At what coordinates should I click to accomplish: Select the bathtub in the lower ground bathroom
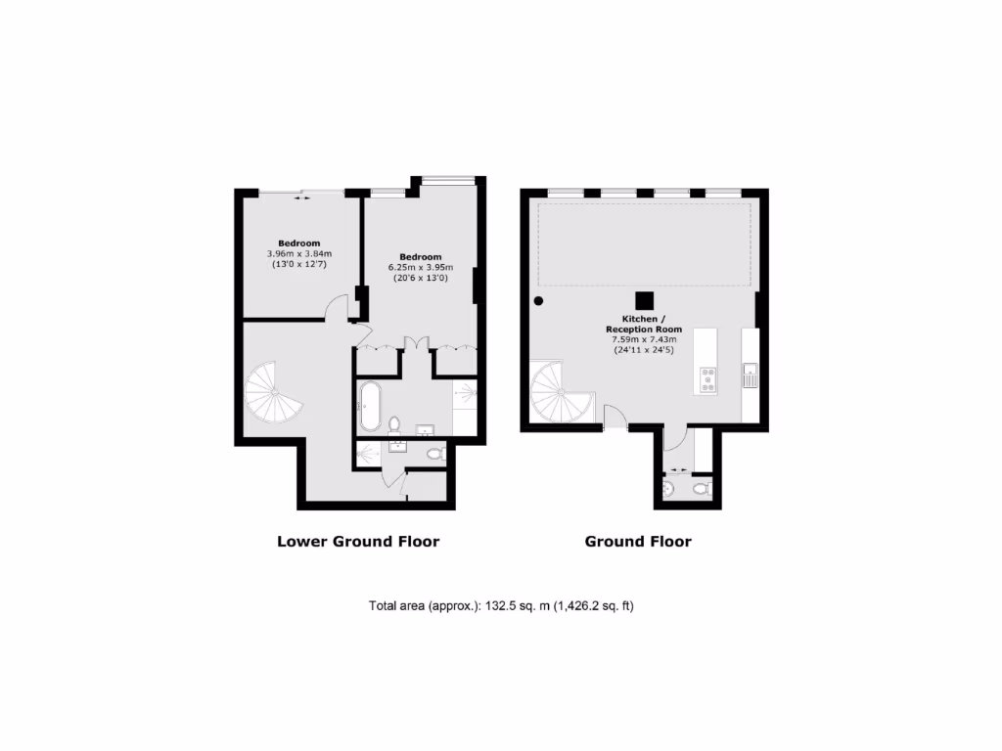(371, 407)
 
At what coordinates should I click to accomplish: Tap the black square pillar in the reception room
(644, 301)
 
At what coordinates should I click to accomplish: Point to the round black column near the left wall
(538, 301)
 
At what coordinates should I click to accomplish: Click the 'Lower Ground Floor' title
(358, 541)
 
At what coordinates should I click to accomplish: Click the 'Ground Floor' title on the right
(638, 541)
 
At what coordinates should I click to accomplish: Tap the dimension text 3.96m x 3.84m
(299, 254)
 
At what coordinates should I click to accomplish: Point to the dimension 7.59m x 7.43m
(643, 339)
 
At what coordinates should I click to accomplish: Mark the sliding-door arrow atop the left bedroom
(302, 198)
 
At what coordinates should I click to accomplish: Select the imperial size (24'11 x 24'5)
(643, 349)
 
